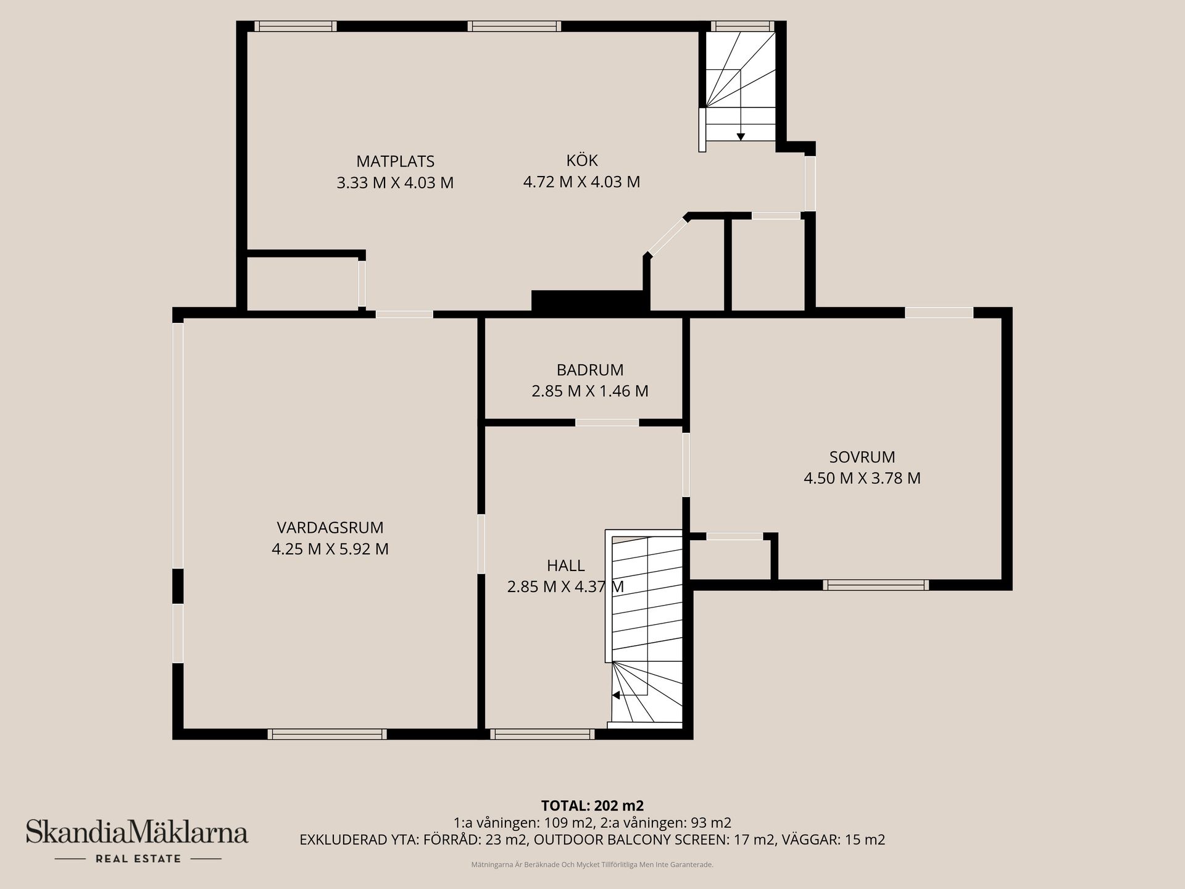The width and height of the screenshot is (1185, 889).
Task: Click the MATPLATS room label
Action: (x=395, y=162)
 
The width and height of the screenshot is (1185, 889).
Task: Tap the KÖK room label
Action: (x=582, y=161)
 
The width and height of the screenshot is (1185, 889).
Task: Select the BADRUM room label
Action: (x=590, y=370)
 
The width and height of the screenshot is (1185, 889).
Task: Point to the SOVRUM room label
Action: (x=862, y=457)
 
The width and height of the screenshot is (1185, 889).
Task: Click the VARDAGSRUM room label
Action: (x=330, y=528)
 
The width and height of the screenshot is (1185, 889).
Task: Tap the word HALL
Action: (x=565, y=566)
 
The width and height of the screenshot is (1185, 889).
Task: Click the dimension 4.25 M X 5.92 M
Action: (x=330, y=549)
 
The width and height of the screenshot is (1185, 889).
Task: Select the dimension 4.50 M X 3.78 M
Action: (x=862, y=478)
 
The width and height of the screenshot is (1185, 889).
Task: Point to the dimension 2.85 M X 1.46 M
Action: (x=590, y=391)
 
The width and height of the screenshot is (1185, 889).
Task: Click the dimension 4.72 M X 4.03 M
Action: (x=581, y=182)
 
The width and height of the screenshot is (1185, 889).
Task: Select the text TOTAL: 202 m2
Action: (x=592, y=806)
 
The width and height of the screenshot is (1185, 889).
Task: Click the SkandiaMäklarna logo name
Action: (x=137, y=832)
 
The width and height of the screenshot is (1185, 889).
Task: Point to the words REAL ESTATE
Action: (x=138, y=859)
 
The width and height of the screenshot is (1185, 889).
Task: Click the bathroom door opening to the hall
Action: (x=607, y=423)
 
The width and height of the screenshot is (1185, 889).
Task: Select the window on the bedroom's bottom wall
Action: (x=876, y=585)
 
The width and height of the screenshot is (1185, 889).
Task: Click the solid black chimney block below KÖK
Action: (x=591, y=301)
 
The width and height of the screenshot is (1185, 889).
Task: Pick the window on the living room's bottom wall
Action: (x=327, y=734)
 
